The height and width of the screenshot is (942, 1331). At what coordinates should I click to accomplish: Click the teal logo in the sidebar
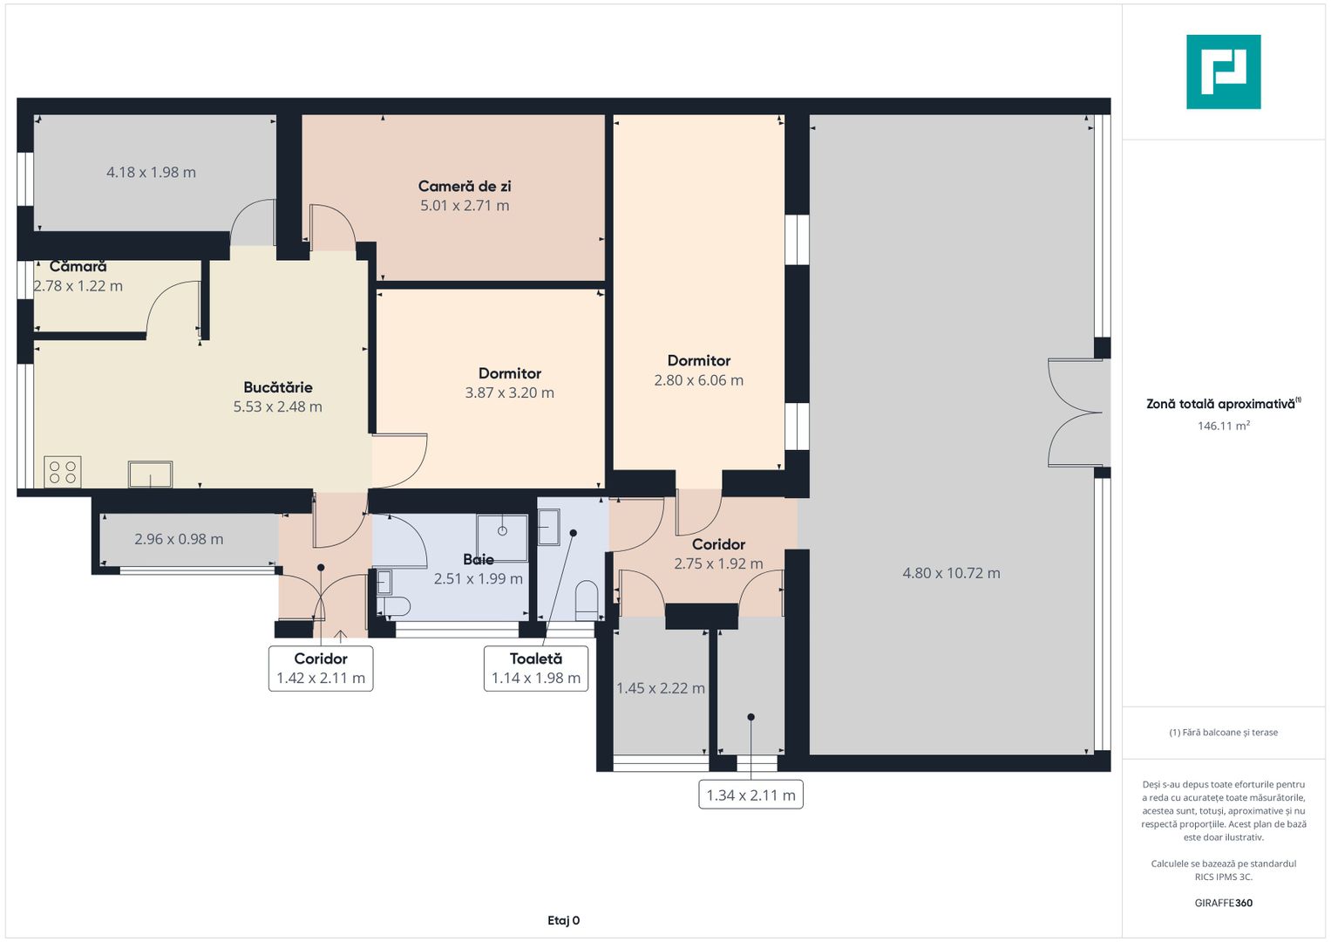pos(1224,72)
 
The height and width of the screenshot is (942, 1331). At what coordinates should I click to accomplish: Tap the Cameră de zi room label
pos(465,186)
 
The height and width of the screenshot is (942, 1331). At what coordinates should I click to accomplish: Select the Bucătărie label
pos(277,387)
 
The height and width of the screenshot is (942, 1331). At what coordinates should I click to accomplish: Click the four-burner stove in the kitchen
pos(63,472)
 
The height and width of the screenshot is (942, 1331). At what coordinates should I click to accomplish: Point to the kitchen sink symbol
pos(150,474)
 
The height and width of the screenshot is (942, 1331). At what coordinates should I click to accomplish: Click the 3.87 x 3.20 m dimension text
pos(510,392)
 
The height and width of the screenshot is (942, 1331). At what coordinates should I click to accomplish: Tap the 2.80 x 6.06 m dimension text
pos(699,380)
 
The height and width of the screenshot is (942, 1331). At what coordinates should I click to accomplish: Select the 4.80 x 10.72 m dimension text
pos(951,573)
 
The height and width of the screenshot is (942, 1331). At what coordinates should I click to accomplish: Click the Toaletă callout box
pos(536,668)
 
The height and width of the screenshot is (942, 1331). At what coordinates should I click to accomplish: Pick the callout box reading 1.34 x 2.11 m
pos(750,795)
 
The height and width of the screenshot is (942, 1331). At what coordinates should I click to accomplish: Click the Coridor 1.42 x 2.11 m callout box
pos(321,668)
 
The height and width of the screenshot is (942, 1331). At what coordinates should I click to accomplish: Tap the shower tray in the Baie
pos(502,538)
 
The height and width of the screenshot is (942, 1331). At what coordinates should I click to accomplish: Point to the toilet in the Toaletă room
pos(587,599)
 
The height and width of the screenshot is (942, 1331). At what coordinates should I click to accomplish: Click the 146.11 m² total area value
pos(1224,426)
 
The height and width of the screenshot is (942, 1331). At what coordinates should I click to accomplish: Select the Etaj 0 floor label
pos(563,920)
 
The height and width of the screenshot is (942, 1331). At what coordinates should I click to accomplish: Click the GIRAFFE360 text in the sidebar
pos(1224,902)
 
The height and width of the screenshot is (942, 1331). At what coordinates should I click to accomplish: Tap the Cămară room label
pos(78,266)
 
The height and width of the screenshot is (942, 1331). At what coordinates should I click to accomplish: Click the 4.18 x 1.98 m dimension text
pos(151,172)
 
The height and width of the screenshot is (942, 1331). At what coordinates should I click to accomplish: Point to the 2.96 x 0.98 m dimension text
pos(179,539)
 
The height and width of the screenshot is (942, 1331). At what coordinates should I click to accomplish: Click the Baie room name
pos(479,559)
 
